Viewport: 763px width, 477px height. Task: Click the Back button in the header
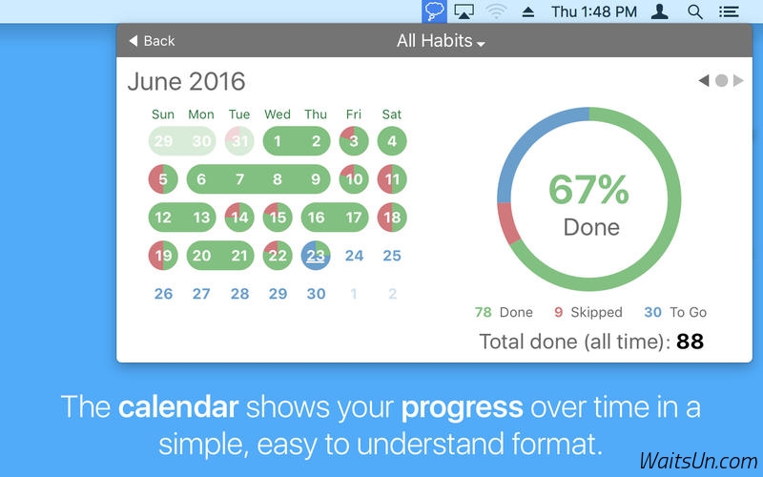152,41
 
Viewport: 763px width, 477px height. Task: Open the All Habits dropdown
441,41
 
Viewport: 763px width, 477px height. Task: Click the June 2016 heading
186,81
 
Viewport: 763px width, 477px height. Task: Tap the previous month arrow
704,80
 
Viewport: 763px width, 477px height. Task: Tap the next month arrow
738,80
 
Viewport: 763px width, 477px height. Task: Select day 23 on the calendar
316,256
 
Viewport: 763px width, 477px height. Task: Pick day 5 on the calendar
163,179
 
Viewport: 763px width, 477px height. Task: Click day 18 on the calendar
392,218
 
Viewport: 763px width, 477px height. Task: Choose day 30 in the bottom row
316,294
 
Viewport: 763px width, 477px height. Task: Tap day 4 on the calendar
392,141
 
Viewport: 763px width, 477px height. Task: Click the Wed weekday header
278,114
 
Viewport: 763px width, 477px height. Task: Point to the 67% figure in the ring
588,189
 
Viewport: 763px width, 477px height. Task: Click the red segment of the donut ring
508,223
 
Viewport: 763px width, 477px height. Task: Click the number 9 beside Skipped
559,312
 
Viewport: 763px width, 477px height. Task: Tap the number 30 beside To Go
652,312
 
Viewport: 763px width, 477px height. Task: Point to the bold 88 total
690,342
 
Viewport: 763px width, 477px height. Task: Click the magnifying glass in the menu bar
695,11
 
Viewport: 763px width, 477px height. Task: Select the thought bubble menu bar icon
434,11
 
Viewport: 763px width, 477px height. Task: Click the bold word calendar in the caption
178,407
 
